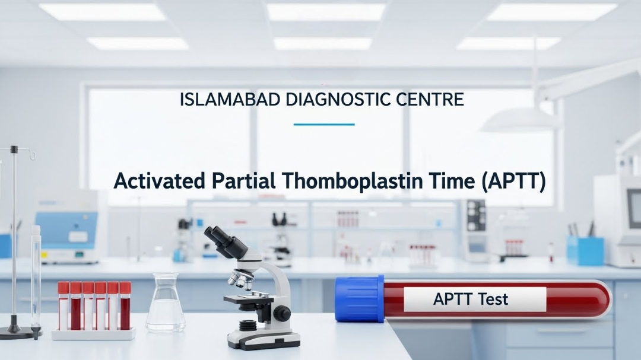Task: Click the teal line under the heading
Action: click(324, 125)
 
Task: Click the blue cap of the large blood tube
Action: click(359, 298)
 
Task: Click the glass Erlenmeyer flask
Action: click(165, 305)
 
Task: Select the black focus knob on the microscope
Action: click(283, 313)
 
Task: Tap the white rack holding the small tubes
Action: click(93, 334)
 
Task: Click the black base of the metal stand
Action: click(17, 331)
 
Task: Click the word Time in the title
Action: click(446, 181)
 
